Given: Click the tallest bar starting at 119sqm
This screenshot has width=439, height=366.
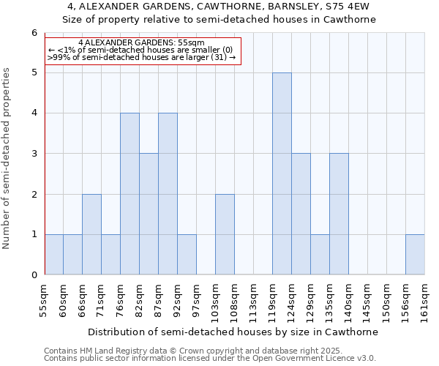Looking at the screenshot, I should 282,173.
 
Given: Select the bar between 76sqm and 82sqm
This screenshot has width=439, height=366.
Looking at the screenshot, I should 130,194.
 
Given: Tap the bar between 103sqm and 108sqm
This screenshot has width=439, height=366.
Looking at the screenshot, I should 225,234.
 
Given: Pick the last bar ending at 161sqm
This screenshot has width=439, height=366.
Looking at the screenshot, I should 415,254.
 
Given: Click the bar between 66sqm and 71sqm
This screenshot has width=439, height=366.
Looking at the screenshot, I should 91,234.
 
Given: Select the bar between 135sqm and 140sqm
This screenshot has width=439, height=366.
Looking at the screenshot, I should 339,214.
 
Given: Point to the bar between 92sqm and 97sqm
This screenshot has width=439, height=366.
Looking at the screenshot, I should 187,254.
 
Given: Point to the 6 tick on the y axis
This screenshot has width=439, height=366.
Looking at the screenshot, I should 34,33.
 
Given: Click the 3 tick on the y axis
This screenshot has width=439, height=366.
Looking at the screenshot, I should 34,154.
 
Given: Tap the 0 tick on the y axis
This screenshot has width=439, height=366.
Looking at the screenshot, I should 34,274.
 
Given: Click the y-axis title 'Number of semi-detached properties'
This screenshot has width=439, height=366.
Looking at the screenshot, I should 7,158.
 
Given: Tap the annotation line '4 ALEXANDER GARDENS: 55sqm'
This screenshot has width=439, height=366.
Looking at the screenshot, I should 141,43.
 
